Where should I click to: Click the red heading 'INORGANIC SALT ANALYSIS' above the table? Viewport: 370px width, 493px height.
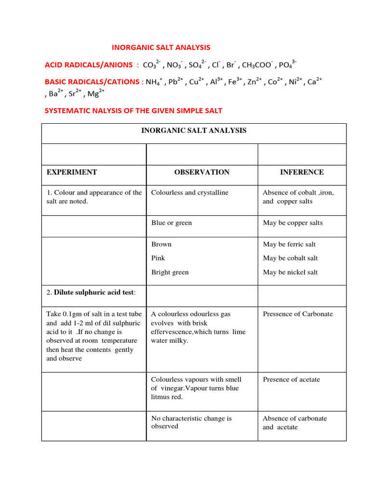pos(161,47)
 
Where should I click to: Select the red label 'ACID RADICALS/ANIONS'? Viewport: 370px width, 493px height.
pos(88,65)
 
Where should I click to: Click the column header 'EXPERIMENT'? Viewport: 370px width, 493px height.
pos(72,172)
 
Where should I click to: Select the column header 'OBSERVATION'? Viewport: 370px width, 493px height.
pos(202,172)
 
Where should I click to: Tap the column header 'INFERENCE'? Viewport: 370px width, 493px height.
pos(302,172)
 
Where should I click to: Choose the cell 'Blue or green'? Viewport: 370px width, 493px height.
pos(172,223)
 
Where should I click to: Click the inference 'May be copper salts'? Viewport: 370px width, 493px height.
pos(293,223)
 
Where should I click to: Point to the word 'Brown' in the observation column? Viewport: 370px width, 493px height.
pos(161,244)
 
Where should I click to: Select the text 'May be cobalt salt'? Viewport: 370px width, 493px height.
pos(291,258)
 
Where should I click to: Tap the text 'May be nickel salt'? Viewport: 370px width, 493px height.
pos(291,272)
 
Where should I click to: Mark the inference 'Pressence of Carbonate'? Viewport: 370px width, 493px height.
pos(298,314)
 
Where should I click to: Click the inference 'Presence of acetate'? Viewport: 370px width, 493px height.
pos(291,379)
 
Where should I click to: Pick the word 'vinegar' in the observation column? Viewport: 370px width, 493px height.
pos(171,388)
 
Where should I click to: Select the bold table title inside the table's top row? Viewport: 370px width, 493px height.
pos(194,130)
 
